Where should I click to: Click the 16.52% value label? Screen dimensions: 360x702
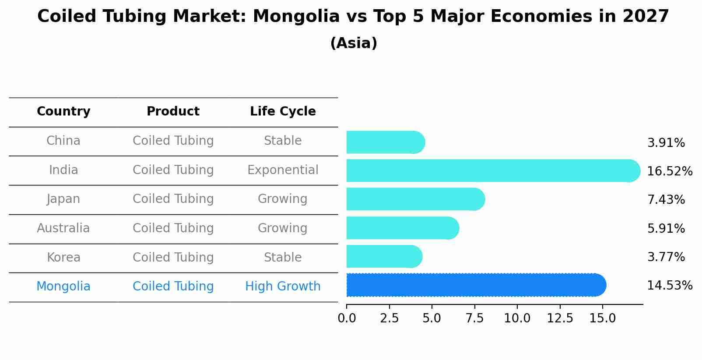[x=669, y=171]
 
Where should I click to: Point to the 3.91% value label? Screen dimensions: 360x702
[x=666, y=143]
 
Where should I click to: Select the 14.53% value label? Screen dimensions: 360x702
[x=669, y=286]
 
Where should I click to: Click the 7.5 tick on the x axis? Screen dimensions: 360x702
[x=474, y=318]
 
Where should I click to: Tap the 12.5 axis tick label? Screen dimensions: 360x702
[x=560, y=318]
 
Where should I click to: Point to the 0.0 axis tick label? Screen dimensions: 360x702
[x=347, y=318]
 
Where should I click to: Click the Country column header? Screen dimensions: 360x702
[x=63, y=112]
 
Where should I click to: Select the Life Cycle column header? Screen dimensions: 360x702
[x=283, y=112]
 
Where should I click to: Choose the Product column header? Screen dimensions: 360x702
[x=173, y=112]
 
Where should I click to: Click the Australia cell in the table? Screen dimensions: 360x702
[x=63, y=228]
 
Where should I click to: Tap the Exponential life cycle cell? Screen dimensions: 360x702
[x=283, y=170]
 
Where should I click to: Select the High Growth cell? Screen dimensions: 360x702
[x=283, y=287]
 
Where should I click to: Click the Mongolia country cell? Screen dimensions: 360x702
[x=63, y=287]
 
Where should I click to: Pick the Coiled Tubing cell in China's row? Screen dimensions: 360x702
[x=173, y=141]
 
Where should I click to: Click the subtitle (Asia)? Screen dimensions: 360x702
[x=353, y=43]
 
